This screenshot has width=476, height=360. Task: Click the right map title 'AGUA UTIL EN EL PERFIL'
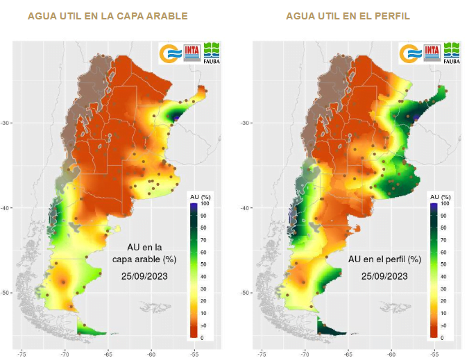348,15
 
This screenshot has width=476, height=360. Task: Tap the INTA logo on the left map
192,52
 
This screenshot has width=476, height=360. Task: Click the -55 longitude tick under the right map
434,354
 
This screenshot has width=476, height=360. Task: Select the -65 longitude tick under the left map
108,354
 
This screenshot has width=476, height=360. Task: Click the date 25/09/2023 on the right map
384,275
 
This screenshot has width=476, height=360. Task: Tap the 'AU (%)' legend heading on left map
200,198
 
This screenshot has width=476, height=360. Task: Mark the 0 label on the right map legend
443,337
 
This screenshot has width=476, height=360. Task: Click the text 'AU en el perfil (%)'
384,259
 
